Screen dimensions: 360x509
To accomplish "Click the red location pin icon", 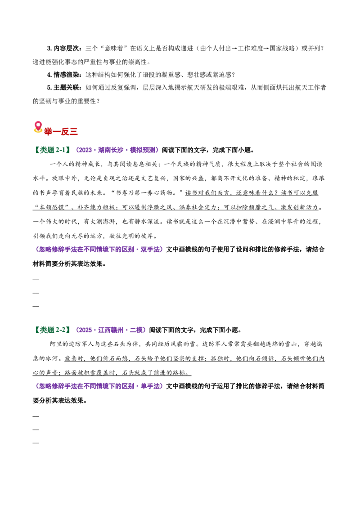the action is pyautogui.click(x=38, y=127).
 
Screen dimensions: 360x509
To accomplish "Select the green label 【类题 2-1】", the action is pyautogui.click(x=52, y=150).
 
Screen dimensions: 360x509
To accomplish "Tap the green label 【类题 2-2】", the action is pyautogui.click(x=52, y=330).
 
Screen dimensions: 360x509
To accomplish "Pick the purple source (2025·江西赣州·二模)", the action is pyautogui.click(x=110, y=330).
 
